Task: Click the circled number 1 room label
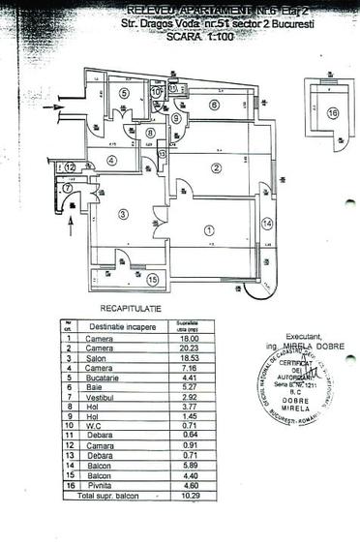209,230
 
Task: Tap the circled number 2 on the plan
216,168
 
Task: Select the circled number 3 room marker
124,214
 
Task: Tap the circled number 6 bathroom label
215,105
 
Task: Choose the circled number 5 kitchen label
125,93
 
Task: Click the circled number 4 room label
112,161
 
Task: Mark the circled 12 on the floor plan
71,167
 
